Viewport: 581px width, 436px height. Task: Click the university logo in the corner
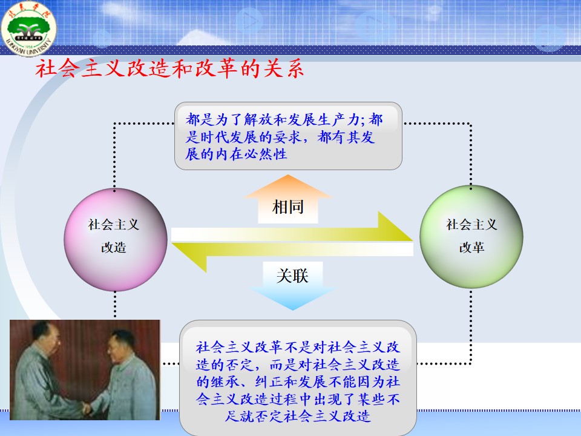(x=28, y=28)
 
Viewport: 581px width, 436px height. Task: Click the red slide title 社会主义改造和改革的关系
(x=169, y=69)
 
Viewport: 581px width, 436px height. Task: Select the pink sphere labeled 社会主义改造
(x=115, y=239)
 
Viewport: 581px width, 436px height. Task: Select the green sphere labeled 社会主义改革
(x=471, y=237)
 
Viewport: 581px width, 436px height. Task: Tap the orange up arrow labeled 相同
(x=288, y=199)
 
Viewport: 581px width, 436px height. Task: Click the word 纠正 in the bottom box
(x=269, y=382)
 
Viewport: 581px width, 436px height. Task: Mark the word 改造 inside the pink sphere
(x=114, y=247)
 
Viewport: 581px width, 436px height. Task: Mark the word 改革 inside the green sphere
(x=471, y=247)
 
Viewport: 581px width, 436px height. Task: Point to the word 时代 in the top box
(x=214, y=137)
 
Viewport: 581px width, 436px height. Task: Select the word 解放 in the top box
(x=258, y=120)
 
